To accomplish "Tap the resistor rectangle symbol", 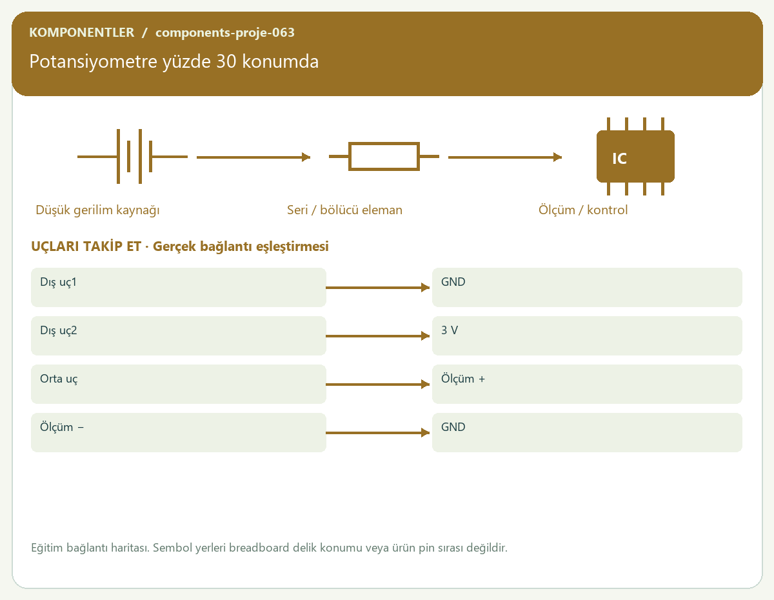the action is pos(384,156).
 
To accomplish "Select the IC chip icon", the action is pos(635,156).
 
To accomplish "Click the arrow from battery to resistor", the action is pos(253,157).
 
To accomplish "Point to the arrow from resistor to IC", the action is pos(505,157).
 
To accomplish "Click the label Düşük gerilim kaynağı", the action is pos(97,210).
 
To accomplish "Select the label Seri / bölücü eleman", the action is pos(344,210).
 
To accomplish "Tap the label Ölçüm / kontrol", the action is pos(582,210).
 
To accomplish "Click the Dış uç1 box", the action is pos(179,287).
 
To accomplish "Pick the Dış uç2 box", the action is pos(179,335).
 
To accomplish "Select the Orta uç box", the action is pos(179,384).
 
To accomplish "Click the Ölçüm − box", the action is pos(179,432).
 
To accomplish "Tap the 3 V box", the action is pos(587,335).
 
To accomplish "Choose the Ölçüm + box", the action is pos(587,384).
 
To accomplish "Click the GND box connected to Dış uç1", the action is pos(587,287).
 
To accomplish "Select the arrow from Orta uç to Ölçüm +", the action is pos(378,384).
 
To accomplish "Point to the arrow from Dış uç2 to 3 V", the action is pos(378,335).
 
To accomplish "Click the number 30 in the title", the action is pos(226,61).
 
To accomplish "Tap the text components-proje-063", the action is pos(225,32).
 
